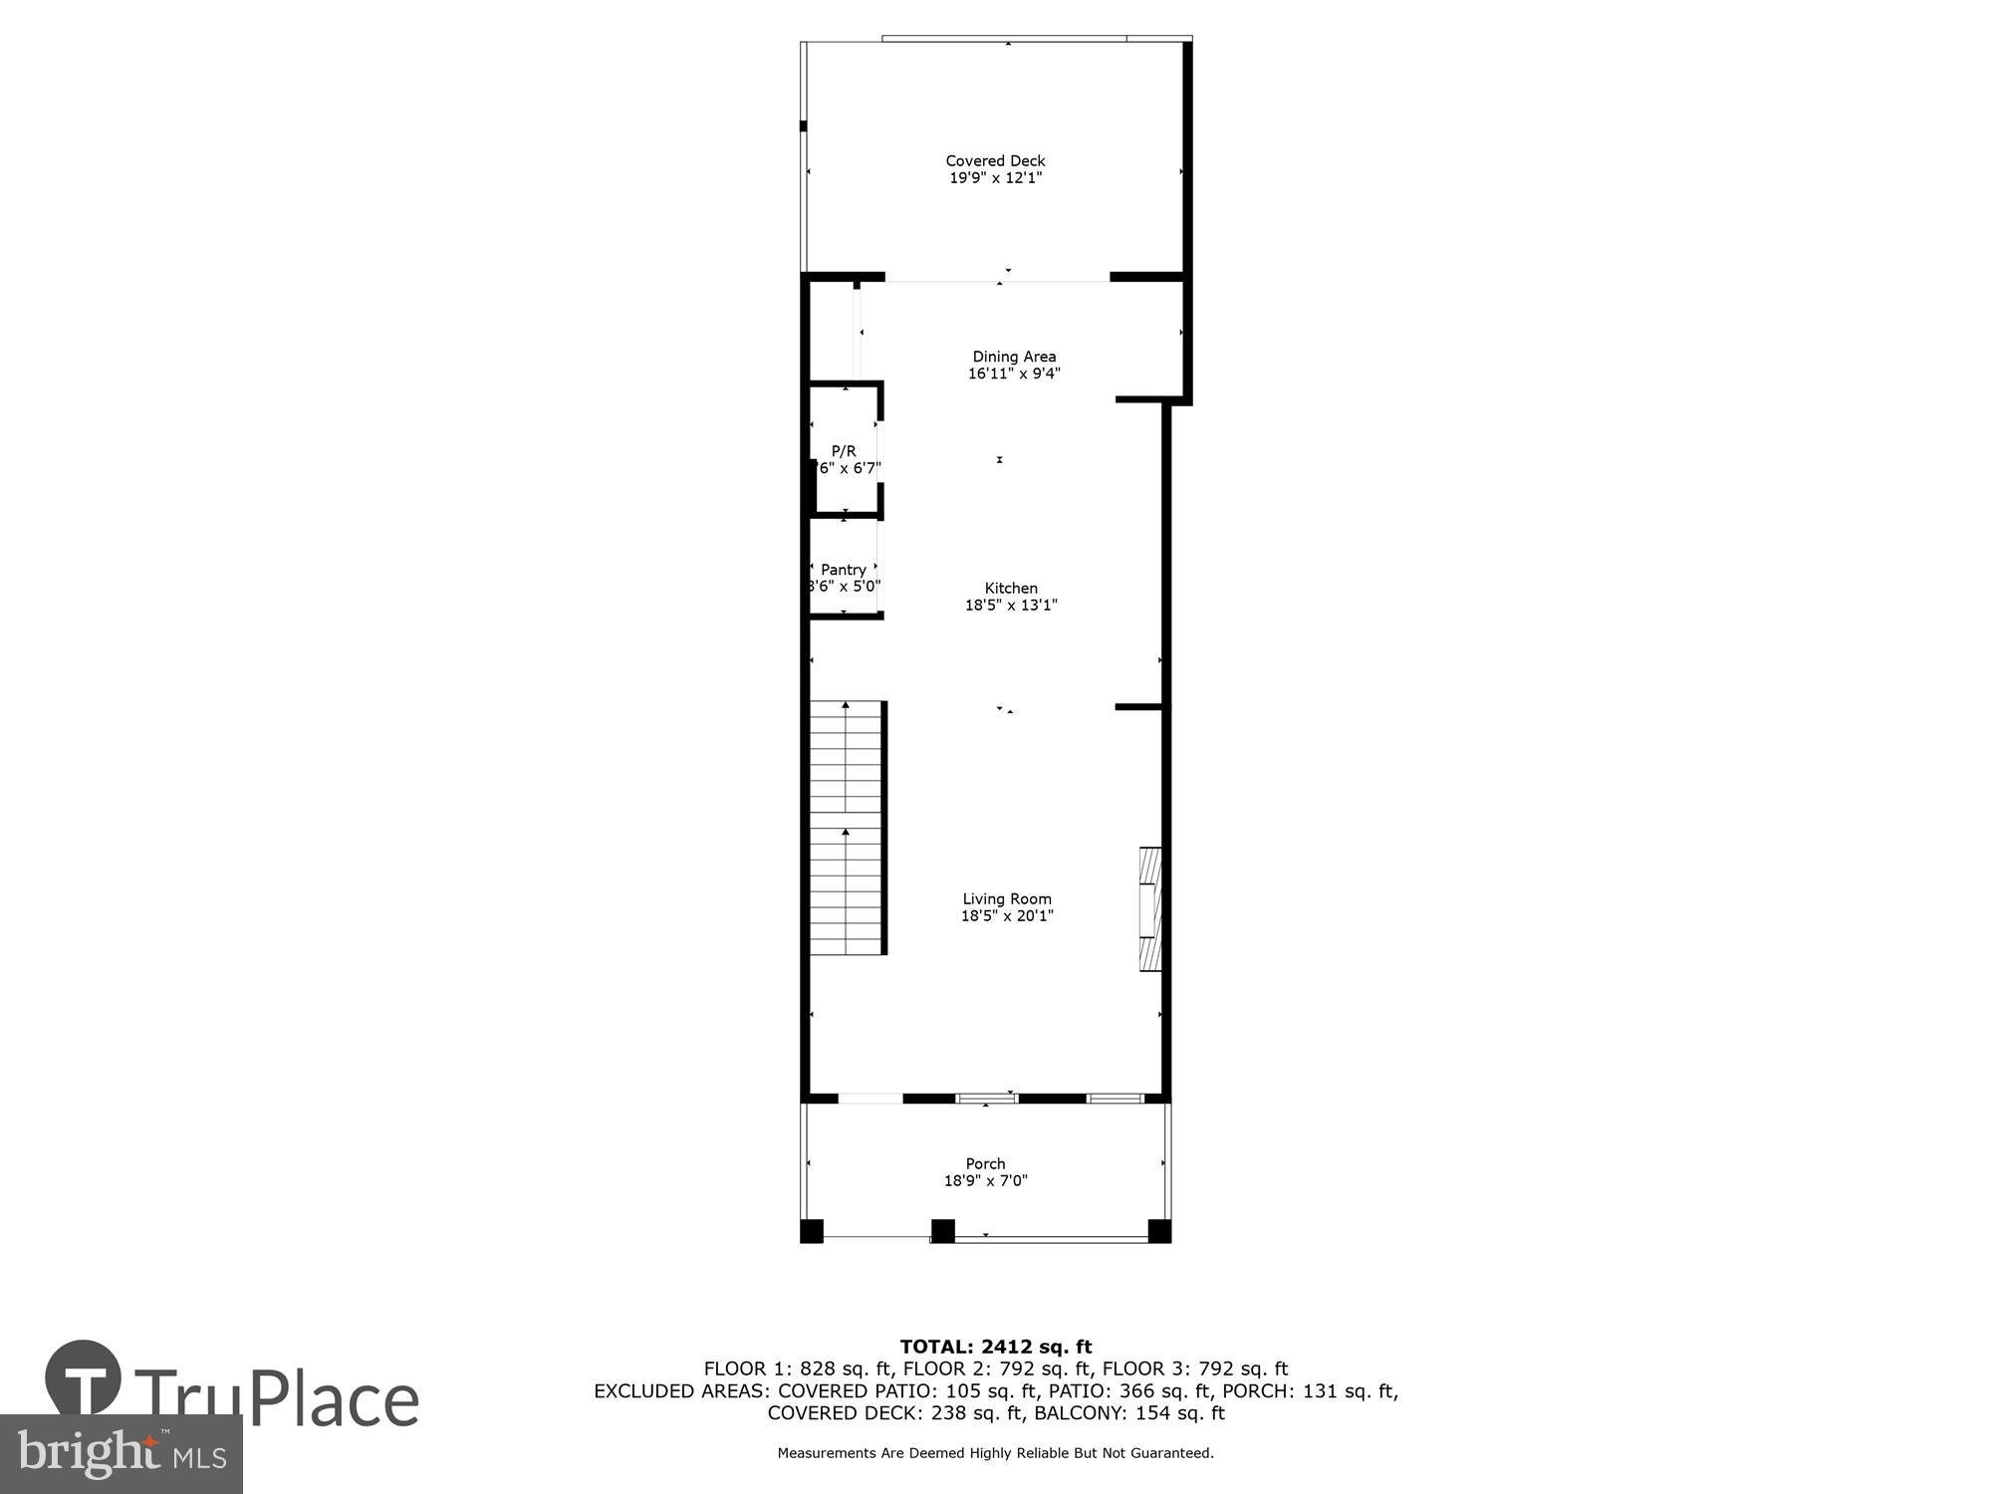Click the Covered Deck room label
tap(995, 160)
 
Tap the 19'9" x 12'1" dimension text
tap(995, 178)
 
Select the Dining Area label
tap(1014, 357)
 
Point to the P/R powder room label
tap(844, 451)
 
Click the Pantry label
tap(844, 570)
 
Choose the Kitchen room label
tap(1011, 588)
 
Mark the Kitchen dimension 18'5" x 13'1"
tap(1011, 605)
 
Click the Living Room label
tap(1007, 898)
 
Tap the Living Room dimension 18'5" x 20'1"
tap(1007, 915)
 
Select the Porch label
tap(985, 1163)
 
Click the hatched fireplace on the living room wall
tap(1150, 908)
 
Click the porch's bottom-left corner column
tap(812, 1231)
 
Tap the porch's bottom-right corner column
tap(1159, 1231)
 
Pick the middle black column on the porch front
tap(942, 1231)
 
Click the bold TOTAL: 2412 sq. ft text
tap(996, 1348)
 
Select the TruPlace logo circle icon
tap(84, 1379)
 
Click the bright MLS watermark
tap(121, 1454)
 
